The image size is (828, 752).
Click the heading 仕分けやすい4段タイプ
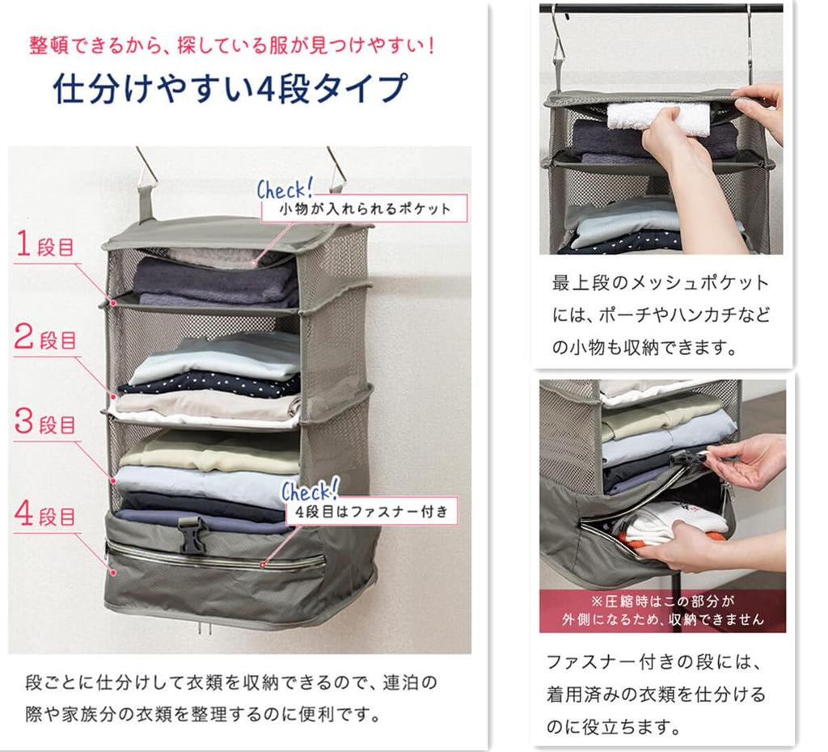(230, 88)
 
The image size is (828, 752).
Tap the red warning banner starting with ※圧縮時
(661, 610)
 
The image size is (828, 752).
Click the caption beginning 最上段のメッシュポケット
(661, 316)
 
